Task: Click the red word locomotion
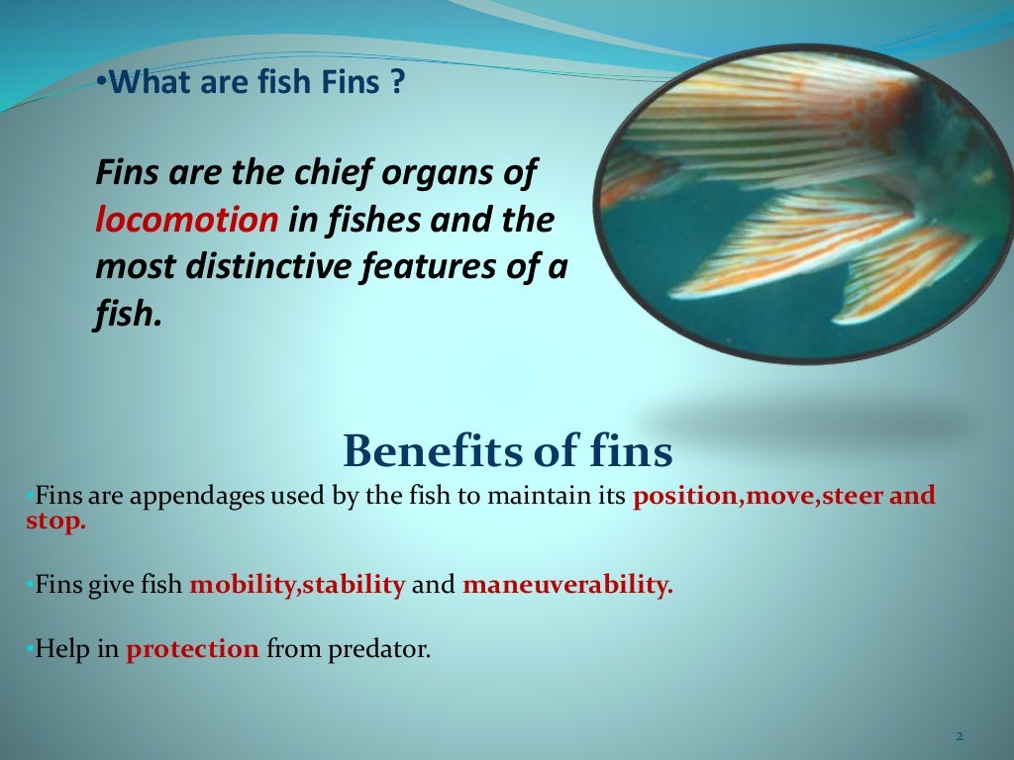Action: click(187, 220)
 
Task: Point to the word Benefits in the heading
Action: click(424, 452)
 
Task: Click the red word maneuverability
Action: click(567, 585)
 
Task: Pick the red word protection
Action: click(192, 650)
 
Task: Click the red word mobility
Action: click(244, 585)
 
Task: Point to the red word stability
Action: click(355, 585)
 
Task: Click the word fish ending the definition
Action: click(125, 314)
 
